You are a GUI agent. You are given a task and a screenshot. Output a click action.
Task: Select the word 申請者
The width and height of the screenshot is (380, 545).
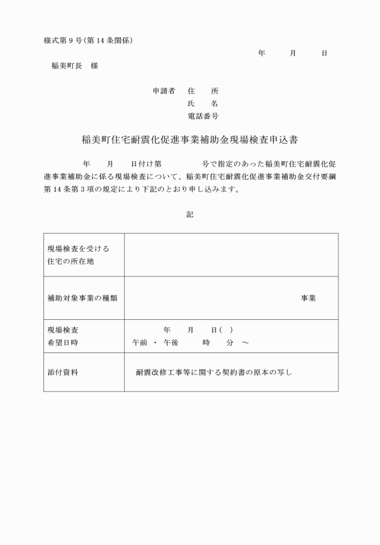(163, 91)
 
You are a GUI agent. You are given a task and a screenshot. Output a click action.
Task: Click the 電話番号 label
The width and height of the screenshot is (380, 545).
(203, 115)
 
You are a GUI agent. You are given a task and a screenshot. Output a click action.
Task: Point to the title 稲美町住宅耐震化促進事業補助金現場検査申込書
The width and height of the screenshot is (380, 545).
(190, 139)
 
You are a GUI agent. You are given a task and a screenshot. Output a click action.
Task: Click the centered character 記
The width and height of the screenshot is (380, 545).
(190, 214)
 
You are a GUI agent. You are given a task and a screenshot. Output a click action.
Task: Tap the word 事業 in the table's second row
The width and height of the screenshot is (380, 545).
(309, 298)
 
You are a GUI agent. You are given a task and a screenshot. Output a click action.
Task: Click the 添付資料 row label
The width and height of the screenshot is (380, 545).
(63, 372)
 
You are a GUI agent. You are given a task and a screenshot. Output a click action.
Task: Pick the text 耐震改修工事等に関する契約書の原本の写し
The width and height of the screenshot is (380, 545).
(214, 372)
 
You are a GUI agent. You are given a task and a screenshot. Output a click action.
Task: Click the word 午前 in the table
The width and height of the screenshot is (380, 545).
(140, 342)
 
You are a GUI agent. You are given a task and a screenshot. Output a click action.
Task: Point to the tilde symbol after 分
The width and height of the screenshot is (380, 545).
(245, 342)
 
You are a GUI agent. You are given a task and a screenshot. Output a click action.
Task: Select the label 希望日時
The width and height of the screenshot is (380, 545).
(63, 342)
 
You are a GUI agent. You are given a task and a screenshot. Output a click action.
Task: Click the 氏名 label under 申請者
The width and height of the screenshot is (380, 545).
(203, 103)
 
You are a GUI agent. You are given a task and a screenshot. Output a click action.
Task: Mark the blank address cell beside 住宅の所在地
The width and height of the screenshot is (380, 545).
(231, 255)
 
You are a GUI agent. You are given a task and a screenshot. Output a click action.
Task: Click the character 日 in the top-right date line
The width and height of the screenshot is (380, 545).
(325, 54)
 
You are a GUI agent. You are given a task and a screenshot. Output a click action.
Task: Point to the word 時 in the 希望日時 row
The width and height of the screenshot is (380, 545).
(206, 342)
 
